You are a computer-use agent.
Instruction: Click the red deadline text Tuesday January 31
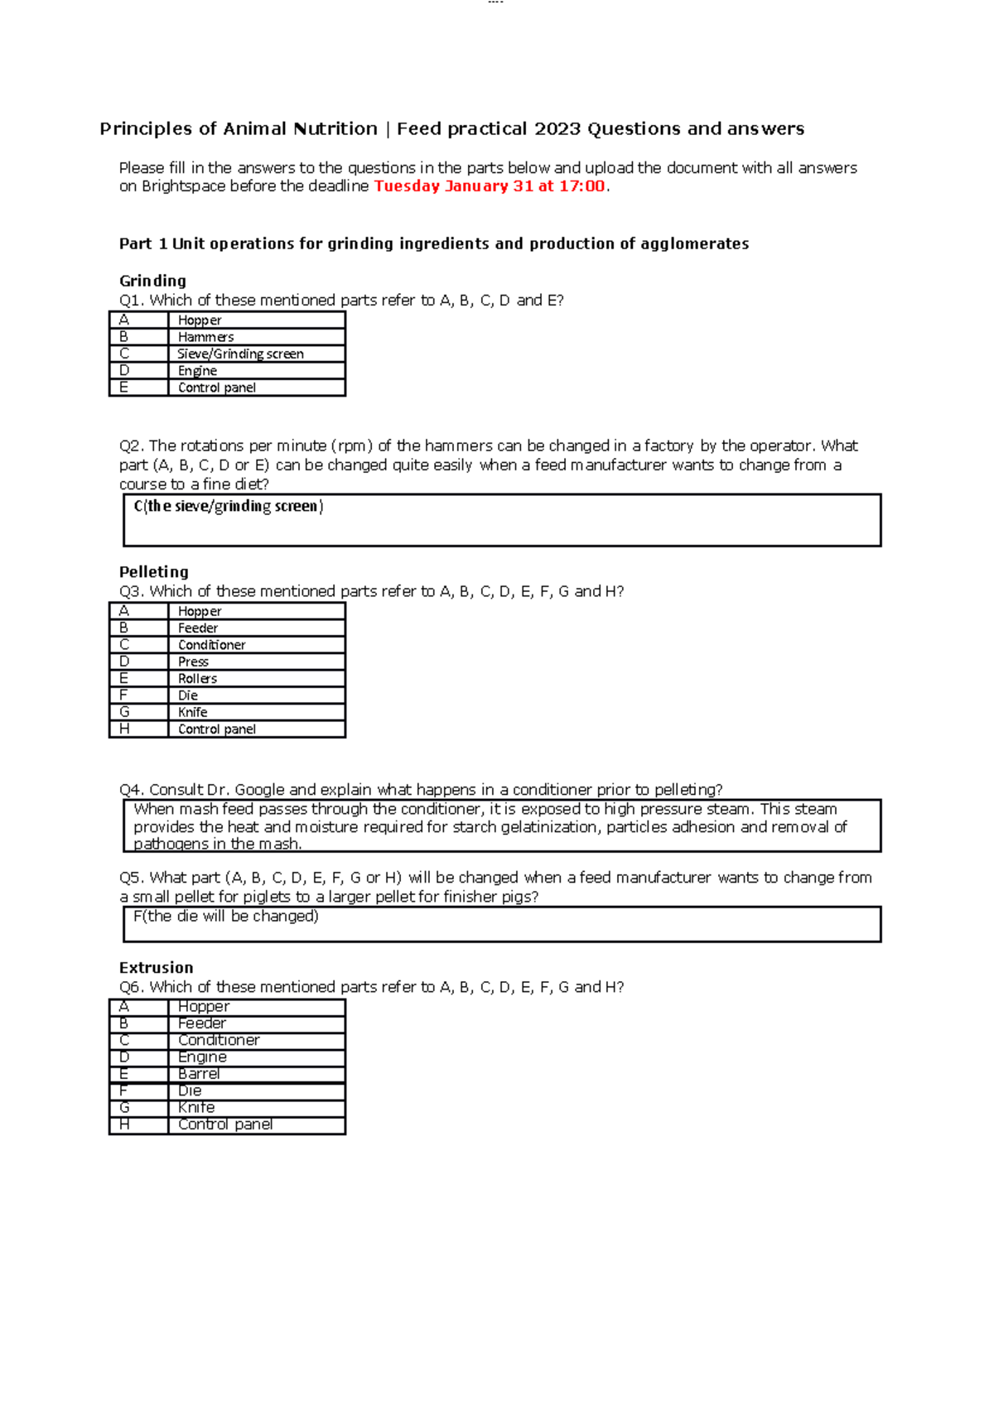452,186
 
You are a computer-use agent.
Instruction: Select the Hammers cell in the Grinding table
205,337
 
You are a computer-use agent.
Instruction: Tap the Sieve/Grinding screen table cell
240,354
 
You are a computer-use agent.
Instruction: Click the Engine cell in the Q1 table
197,371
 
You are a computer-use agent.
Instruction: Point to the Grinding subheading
152,281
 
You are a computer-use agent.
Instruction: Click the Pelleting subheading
154,572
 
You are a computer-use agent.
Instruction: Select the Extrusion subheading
156,968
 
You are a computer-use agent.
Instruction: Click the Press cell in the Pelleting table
193,662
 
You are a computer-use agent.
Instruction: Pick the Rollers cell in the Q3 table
197,678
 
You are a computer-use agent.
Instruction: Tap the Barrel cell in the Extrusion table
199,1074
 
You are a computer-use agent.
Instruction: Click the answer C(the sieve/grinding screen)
228,506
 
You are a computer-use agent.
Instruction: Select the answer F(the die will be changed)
225,917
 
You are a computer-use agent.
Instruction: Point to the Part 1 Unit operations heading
434,243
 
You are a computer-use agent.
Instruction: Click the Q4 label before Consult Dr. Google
131,790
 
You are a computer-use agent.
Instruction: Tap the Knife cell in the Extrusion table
196,1108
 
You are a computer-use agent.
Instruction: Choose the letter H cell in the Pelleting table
124,729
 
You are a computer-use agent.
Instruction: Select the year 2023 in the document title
557,129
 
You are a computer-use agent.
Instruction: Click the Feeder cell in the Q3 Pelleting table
198,628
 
